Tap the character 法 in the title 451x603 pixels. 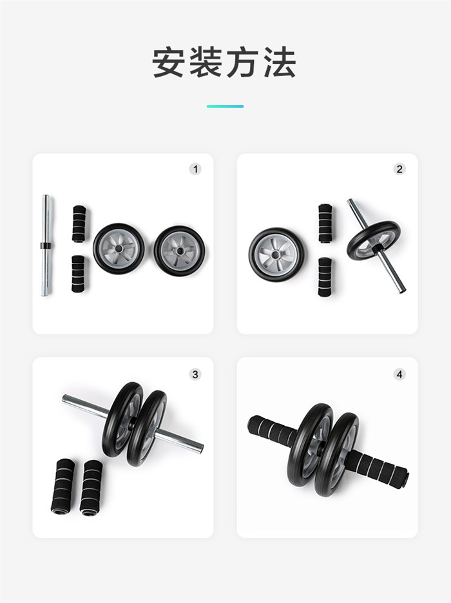tap(280, 62)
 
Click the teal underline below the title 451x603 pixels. tap(225, 106)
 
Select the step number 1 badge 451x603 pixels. tap(195, 169)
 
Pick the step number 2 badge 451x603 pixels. tap(399, 169)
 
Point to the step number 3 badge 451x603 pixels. tap(195, 374)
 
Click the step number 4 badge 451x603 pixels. tap(399, 374)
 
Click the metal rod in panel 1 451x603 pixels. tap(46, 245)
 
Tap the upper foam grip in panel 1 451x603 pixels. tap(79, 224)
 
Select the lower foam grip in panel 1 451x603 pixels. tap(79, 274)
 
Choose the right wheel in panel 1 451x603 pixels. tap(179, 251)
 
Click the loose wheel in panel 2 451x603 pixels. tap(277, 254)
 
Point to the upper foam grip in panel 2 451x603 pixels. tap(325, 223)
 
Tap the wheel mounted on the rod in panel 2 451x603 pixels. tap(374, 240)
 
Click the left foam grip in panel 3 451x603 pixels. tap(62, 486)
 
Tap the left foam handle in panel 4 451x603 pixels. tap(272, 430)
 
